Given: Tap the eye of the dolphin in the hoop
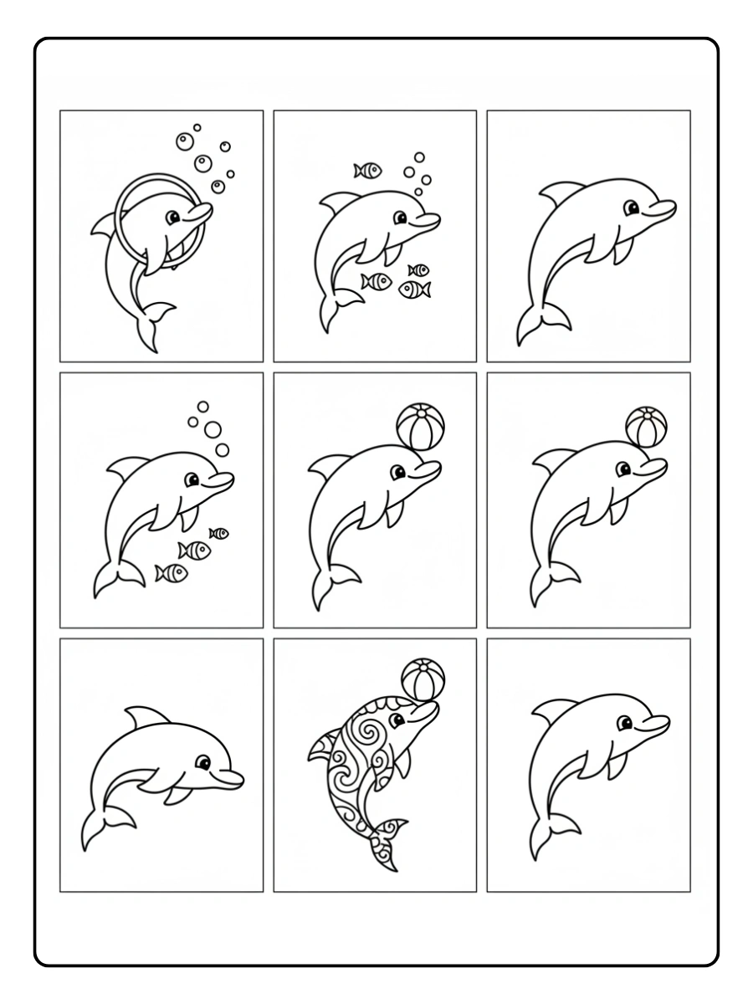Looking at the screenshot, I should click(172, 218).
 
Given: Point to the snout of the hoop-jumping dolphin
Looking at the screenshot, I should click(204, 214).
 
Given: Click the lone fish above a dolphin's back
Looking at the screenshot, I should click(367, 171).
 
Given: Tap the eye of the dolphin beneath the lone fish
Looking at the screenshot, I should click(401, 218).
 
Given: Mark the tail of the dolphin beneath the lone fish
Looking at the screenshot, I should click(334, 310).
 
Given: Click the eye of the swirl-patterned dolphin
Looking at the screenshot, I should click(399, 717).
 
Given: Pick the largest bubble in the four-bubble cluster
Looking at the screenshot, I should click(213, 430).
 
